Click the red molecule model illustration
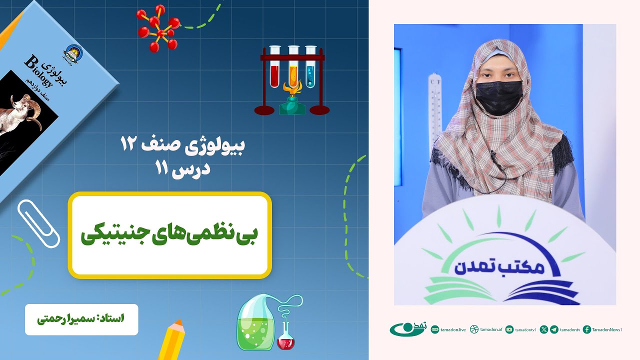point(159,28)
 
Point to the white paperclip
point(38,223)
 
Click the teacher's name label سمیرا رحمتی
point(81,319)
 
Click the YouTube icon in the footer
point(509,329)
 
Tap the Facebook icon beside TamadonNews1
point(587,329)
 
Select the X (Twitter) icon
point(544,329)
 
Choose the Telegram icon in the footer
point(554,329)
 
